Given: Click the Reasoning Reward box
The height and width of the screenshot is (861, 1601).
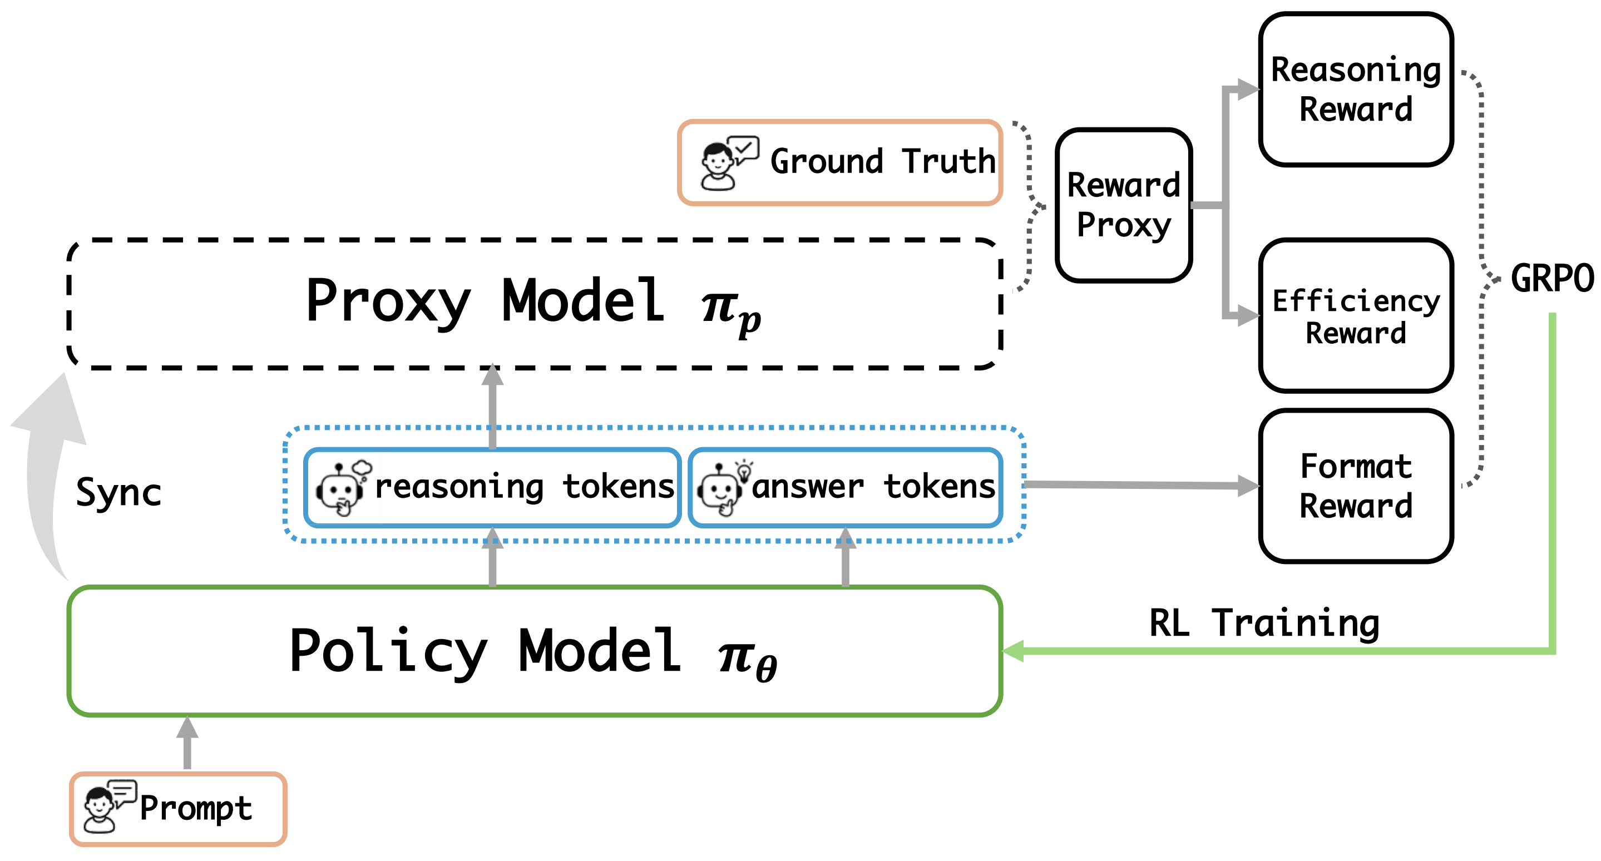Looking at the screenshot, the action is (x=1356, y=90).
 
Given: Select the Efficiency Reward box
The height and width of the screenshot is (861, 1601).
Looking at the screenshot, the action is (x=1356, y=315).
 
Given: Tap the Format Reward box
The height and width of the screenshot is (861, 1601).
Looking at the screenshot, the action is (x=1356, y=486).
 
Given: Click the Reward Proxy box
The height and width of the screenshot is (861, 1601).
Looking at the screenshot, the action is (x=1124, y=205).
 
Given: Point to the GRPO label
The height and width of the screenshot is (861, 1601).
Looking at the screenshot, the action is (x=1552, y=278).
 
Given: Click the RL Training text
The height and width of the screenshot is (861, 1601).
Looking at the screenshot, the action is (x=1264, y=623).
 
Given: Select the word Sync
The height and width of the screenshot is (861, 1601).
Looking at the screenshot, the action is (x=118, y=493).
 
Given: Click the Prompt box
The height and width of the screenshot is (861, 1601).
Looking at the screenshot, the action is (x=179, y=809).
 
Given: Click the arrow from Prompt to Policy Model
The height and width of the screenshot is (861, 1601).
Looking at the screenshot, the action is (x=187, y=743).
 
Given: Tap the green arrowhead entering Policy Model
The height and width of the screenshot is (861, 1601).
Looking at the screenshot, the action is (x=1013, y=651).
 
